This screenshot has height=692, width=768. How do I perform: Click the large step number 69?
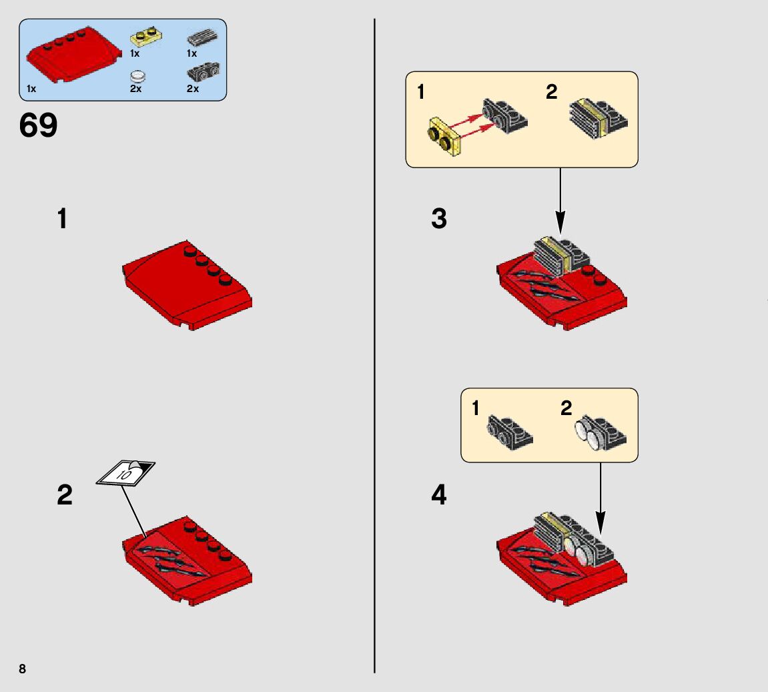point(39,125)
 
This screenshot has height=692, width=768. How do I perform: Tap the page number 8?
point(23,669)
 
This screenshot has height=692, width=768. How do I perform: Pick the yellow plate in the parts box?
point(146,37)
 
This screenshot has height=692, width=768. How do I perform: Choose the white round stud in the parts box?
point(137,76)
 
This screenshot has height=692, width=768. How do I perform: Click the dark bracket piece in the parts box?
point(204,71)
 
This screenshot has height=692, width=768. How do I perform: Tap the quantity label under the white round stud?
point(135,89)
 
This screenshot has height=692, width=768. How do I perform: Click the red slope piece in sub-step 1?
point(187,285)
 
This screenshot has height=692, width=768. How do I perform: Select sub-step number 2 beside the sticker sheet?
point(65,495)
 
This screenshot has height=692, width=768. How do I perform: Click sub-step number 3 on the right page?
point(439,219)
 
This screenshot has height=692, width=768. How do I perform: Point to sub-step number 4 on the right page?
point(439,495)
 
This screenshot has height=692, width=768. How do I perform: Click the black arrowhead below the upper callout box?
point(560,222)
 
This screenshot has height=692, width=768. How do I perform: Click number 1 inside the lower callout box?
point(476,408)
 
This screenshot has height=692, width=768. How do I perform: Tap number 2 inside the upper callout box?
point(551,92)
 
